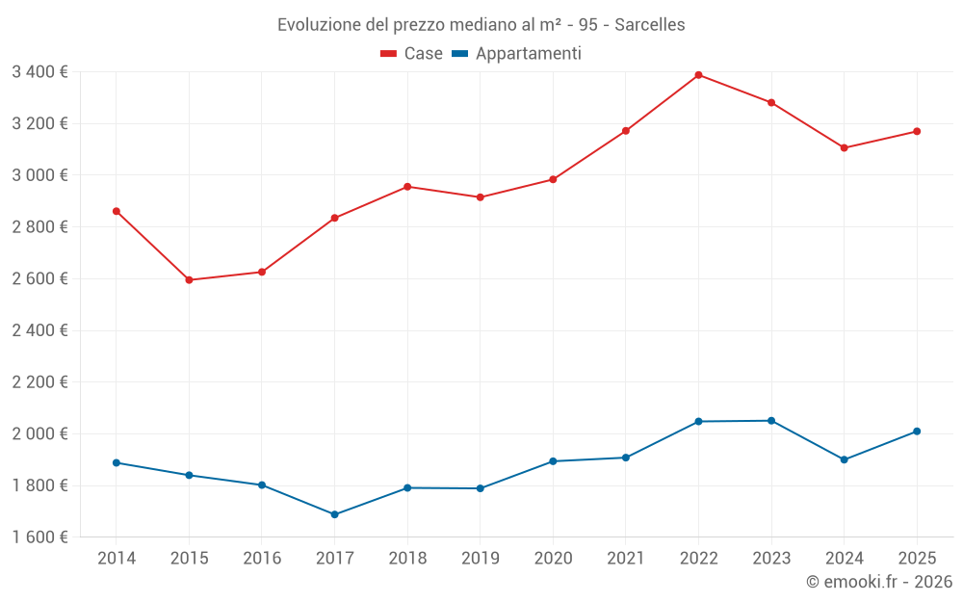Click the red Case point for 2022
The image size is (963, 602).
pyautogui.click(x=698, y=75)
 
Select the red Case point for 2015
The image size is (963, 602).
pyautogui.click(x=189, y=280)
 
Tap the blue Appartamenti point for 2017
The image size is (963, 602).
pyautogui.click(x=334, y=514)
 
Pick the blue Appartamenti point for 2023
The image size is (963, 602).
pyautogui.click(x=771, y=421)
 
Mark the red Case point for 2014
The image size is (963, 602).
pyautogui.click(x=117, y=211)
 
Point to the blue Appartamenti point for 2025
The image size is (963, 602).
pyautogui.click(x=917, y=432)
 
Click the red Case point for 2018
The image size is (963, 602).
pyautogui.click(x=407, y=187)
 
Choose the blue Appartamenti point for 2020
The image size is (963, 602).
pyautogui.click(x=553, y=461)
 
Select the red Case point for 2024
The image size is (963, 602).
pyautogui.click(x=844, y=148)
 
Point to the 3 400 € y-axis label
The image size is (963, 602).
pyautogui.click(x=39, y=72)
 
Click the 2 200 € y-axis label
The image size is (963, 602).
pyautogui.click(x=39, y=382)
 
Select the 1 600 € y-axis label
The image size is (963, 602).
pyautogui.click(x=39, y=537)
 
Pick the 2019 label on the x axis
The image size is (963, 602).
pyautogui.click(x=480, y=559)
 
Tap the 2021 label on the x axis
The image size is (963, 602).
pyautogui.click(x=625, y=559)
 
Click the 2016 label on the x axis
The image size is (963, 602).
pyautogui.click(x=262, y=559)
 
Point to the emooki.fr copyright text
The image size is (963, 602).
pyautogui.click(x=878, y=582)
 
